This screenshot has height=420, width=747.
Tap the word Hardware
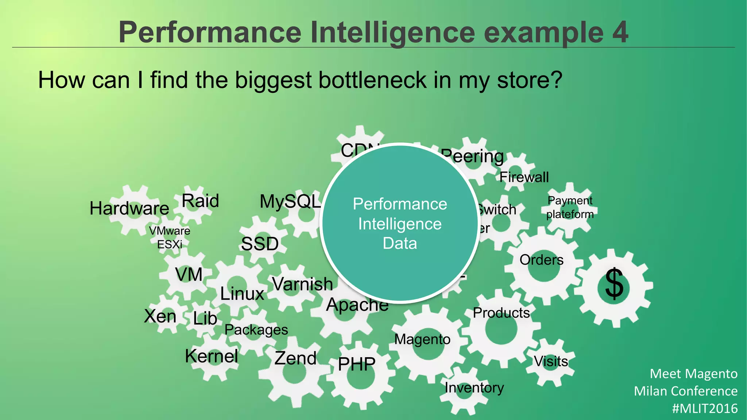pos(129,209)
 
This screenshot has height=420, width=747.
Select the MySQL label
pos(290,201)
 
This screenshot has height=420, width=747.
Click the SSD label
pos(260,244)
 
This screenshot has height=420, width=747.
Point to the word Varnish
pos(302,284)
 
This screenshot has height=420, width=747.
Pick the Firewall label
pos(524,177)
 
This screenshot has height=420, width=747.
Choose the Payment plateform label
pos(570,207)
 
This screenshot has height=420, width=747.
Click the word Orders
pos(541,260)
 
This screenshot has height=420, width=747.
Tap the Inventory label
pos(474,388)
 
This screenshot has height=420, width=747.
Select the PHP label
pos(357,364)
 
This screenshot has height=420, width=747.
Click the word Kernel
pos(212,356)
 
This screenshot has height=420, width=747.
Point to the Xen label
pos(160,316)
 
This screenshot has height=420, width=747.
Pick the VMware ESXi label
pos(170,237)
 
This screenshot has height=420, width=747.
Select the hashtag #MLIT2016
pos(705,408)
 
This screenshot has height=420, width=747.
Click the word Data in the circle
pos(400,243)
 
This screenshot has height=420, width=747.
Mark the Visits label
pos(551,361)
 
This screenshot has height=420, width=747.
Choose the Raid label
pos(200,201)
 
